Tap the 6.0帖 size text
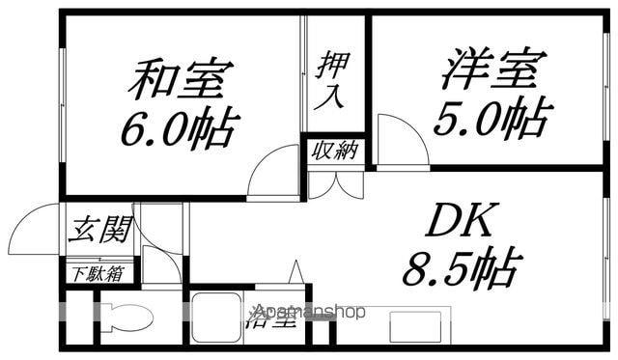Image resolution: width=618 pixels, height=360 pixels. click(x=179, y=127)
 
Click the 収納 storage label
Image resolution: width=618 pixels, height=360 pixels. click(x=334, y=151)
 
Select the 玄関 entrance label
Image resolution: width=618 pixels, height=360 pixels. click(x=99, y=231)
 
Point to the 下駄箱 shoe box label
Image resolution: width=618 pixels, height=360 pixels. click(x=99, y=273)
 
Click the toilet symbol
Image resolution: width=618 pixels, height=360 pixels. click(x=126, y=318)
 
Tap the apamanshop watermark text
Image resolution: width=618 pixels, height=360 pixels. click(x=309, y=312)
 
